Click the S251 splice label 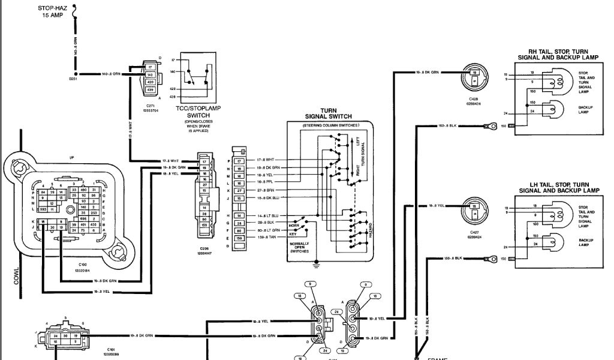pos(73,79)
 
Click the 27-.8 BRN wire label pos(266,189)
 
